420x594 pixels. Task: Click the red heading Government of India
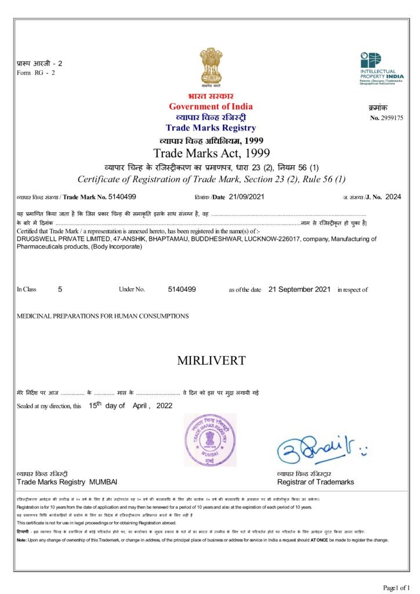point(211,106)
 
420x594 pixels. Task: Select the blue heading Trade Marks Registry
point(211,128)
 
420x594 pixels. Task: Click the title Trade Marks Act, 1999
point(211,153)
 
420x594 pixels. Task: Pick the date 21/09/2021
point(247,197)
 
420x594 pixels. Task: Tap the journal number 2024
point(393,197)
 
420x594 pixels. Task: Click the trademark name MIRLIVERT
point(211,360)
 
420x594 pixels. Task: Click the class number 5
point(60,289)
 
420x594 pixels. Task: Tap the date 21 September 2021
point(299,289)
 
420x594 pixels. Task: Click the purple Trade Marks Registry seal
point(211,440)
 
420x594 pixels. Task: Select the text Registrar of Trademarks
point(316,482)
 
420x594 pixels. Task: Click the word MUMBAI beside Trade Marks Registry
point(103,482)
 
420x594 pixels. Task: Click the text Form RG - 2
point(36,73)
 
